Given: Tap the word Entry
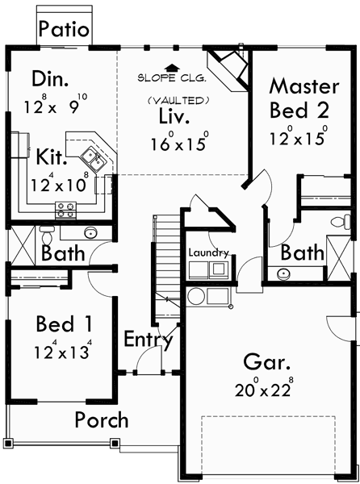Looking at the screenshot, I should pos(149,340).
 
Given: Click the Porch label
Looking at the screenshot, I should pos(102,419).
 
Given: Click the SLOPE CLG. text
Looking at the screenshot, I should pos(170,80).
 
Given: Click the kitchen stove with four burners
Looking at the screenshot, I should pos(65,212).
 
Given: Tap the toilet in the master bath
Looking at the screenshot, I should pos(340,220).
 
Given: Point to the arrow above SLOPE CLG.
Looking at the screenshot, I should pos(170,69).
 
